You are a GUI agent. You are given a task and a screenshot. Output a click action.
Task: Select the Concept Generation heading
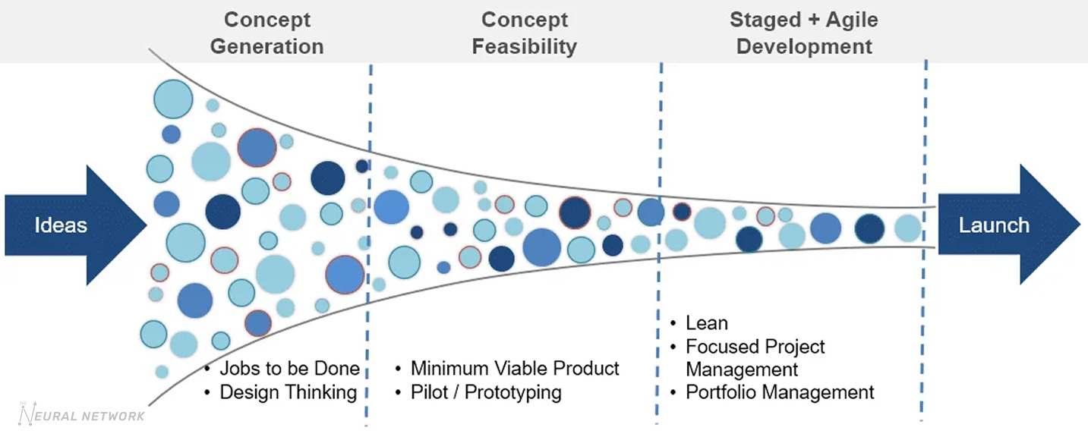click(266, 33)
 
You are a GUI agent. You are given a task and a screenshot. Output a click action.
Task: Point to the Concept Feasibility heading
click(524, 33)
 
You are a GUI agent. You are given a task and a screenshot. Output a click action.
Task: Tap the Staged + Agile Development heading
click(804, 33)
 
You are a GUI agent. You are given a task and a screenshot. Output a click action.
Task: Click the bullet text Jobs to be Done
click(289, 369)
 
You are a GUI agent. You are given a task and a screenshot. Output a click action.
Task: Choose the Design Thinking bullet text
click(288, 392)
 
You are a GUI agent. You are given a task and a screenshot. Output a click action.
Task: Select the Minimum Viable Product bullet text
click(515, 369)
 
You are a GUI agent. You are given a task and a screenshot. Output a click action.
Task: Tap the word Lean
click(707, 323)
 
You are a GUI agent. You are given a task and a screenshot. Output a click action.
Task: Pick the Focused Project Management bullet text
click(755, 358)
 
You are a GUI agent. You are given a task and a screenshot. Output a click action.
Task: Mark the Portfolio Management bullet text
click(780, 392)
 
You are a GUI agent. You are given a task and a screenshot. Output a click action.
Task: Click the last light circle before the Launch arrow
click(907, 228)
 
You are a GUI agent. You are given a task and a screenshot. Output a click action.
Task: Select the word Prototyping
click(513, 392)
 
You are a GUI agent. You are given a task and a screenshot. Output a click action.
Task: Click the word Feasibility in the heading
click(524, 46)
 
